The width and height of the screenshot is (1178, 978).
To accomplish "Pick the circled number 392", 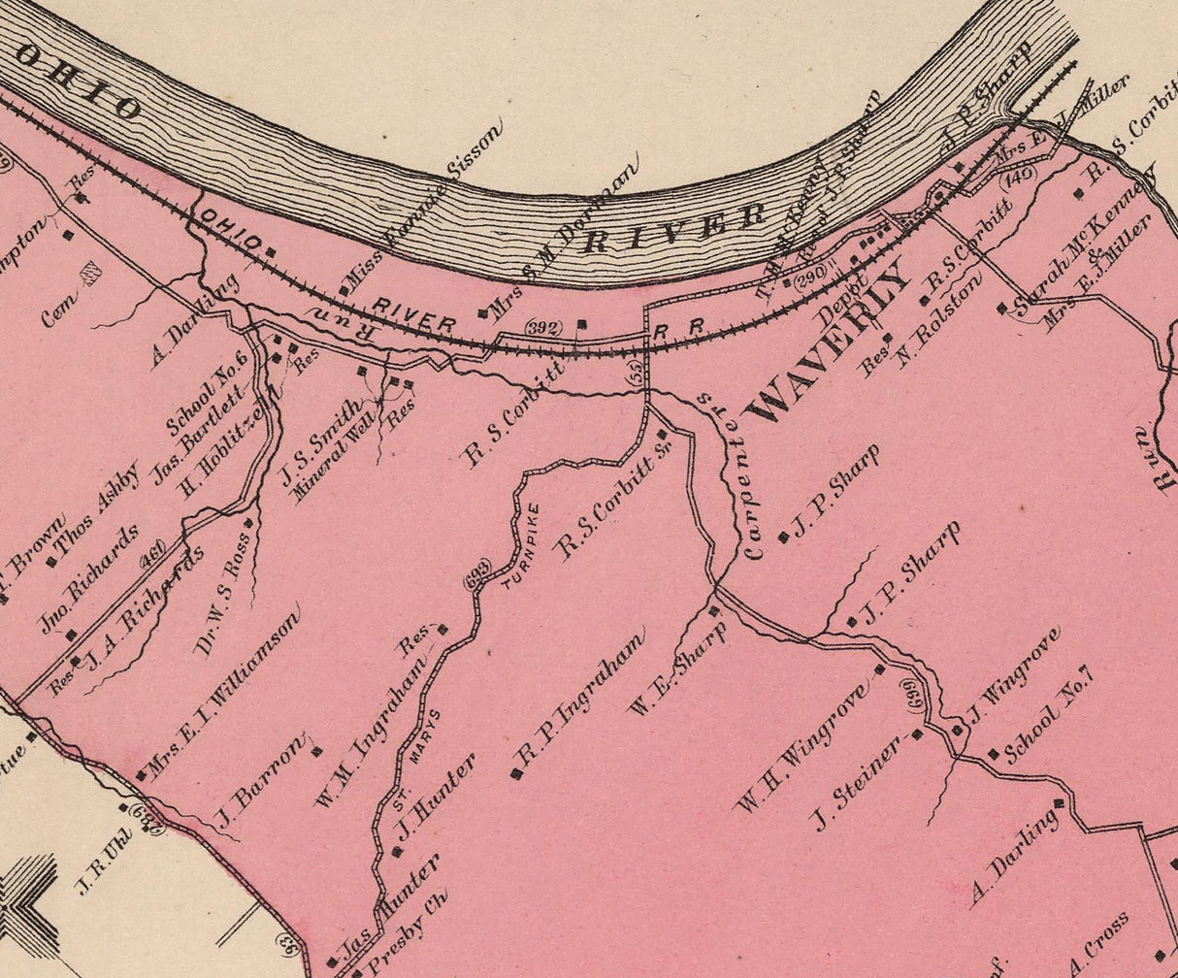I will pyautogui.click(x=542, y=328).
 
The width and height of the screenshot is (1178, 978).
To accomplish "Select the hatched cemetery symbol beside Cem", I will pyautogui.click(x=92, y=275).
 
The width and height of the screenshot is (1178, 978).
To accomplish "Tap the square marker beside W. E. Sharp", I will pyautogui.click(x=715, y=610).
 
